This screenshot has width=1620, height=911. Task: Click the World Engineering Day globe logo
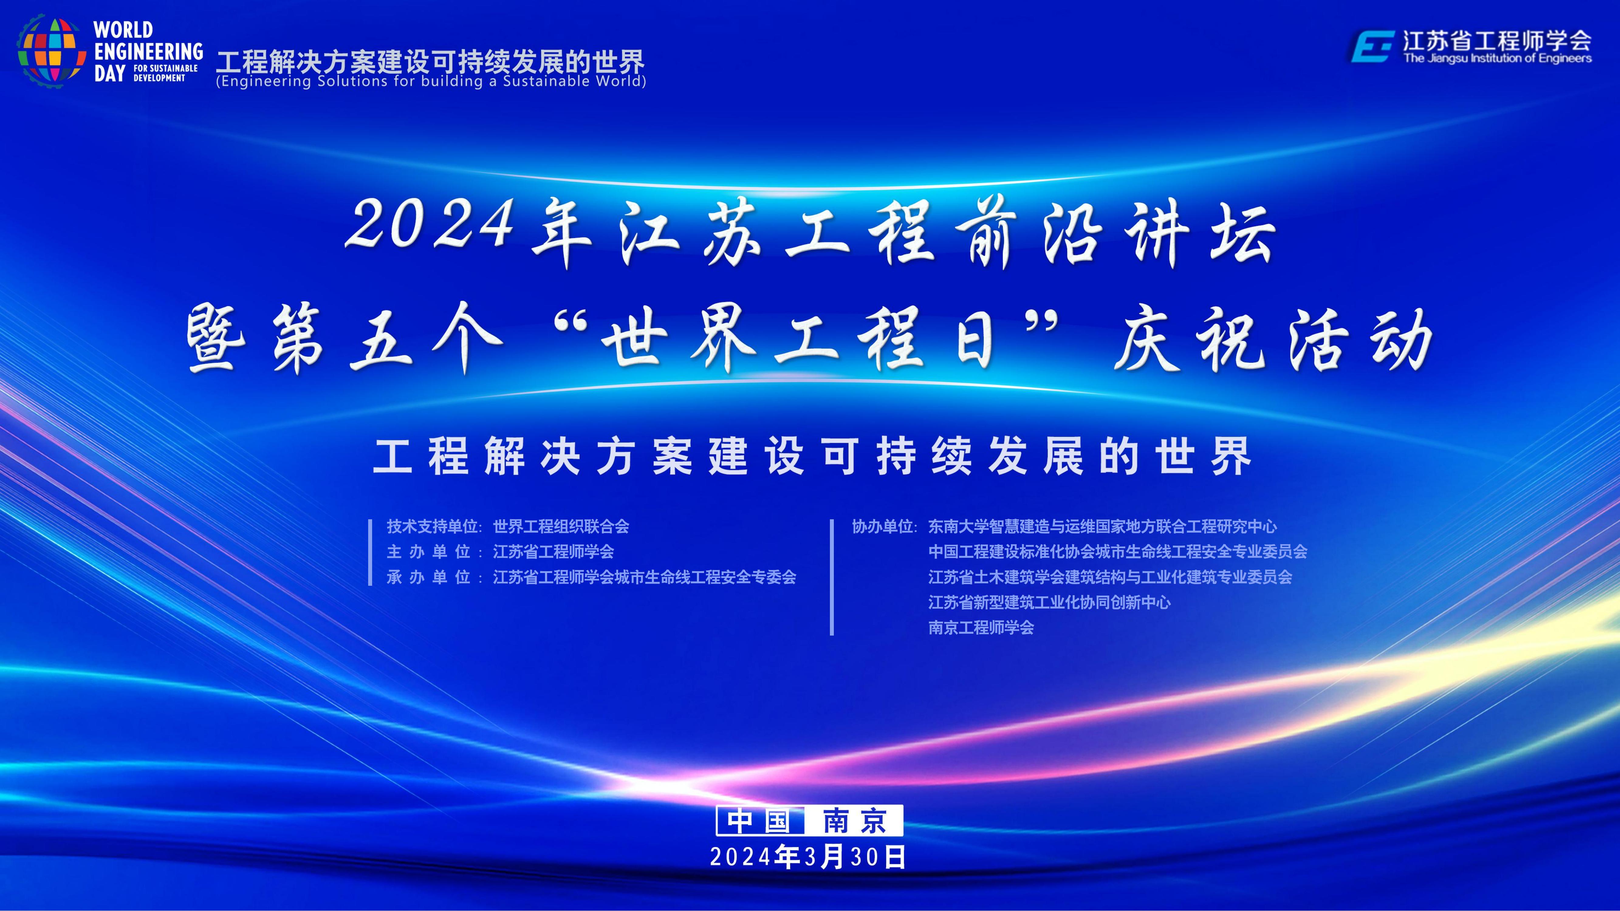[x=52, y=52]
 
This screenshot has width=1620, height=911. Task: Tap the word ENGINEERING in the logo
[x=149, y=52]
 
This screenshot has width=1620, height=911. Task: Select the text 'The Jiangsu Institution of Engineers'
[x=1497, y=59]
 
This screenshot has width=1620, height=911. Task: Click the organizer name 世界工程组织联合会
[x=561, y=526]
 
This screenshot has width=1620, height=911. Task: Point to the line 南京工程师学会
[x=981, y=627]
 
